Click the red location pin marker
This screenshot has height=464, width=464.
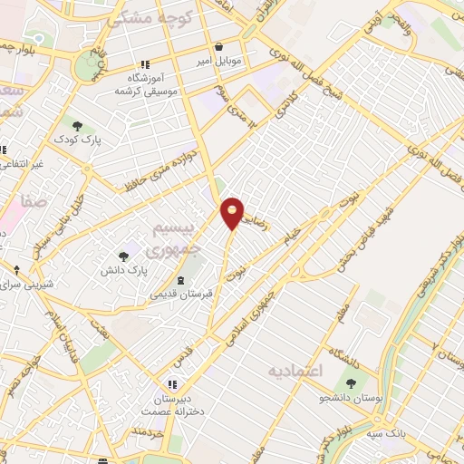pos(233,212)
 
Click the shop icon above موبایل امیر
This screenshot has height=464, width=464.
pos(218,47)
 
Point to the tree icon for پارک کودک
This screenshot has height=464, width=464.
pos(76,126)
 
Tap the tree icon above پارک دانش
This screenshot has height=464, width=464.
pos(123,256)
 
